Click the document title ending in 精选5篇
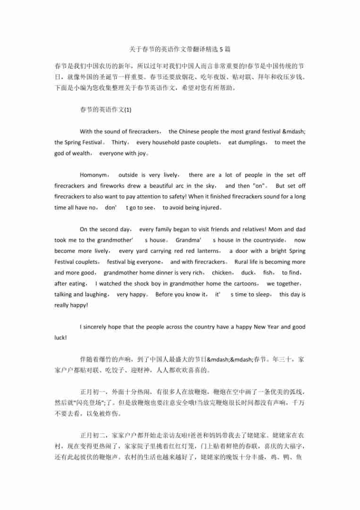coord(180,49)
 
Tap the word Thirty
coord(120,142)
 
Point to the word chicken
coord(222,272)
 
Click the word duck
coord(247,272)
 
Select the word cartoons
coord(243,283)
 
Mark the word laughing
coord(97,294)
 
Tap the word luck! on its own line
coord(60,338)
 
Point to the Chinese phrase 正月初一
coord(93,392)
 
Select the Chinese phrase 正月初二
coord(93,435)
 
